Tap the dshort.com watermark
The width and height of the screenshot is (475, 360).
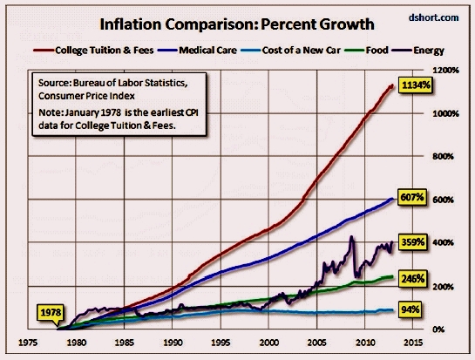click(442, 17)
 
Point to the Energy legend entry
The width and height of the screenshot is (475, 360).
click(426, 50)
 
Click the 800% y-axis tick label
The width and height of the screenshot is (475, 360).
click(445, 156)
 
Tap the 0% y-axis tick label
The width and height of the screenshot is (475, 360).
click(441, 329)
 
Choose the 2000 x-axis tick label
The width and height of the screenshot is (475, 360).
click(272, 342)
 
